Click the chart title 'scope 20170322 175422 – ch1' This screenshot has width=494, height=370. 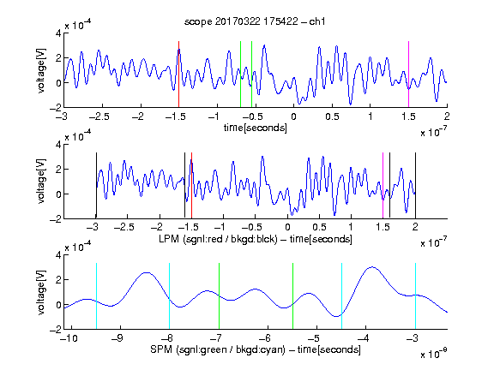255,21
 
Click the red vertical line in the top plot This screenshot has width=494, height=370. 178,75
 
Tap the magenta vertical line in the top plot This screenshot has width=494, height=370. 408,75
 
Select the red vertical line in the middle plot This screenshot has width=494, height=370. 191,185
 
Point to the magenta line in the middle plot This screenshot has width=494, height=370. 383,185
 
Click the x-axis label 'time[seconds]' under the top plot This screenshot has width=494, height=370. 256,128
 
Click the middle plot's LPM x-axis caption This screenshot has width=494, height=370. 256,239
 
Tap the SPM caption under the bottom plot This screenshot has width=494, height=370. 256,349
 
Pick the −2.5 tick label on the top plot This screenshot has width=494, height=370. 99,116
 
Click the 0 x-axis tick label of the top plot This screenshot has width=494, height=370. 293,116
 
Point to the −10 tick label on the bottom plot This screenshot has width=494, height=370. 69,338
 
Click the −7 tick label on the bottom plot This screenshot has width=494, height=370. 216,338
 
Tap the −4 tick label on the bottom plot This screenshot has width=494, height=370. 363,338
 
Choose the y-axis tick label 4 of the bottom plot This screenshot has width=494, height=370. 58,255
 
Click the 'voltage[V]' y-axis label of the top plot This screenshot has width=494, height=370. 41,70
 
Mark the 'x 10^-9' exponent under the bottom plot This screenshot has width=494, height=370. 434,354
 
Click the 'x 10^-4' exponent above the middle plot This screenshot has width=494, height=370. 78,136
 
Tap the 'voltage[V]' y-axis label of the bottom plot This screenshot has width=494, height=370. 41,292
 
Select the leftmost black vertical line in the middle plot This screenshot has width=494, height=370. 96,185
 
